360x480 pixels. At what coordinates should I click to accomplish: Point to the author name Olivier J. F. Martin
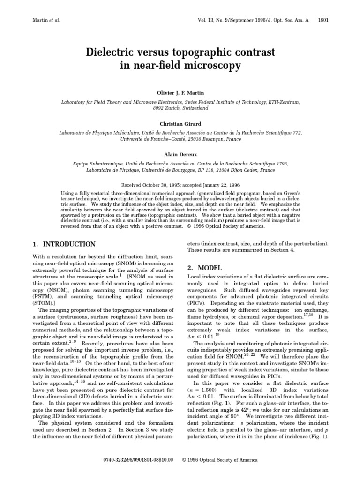click(180, 93)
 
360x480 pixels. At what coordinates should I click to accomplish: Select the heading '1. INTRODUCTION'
click(64, 244)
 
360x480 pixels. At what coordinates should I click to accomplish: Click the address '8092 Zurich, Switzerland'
click(180, 108)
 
